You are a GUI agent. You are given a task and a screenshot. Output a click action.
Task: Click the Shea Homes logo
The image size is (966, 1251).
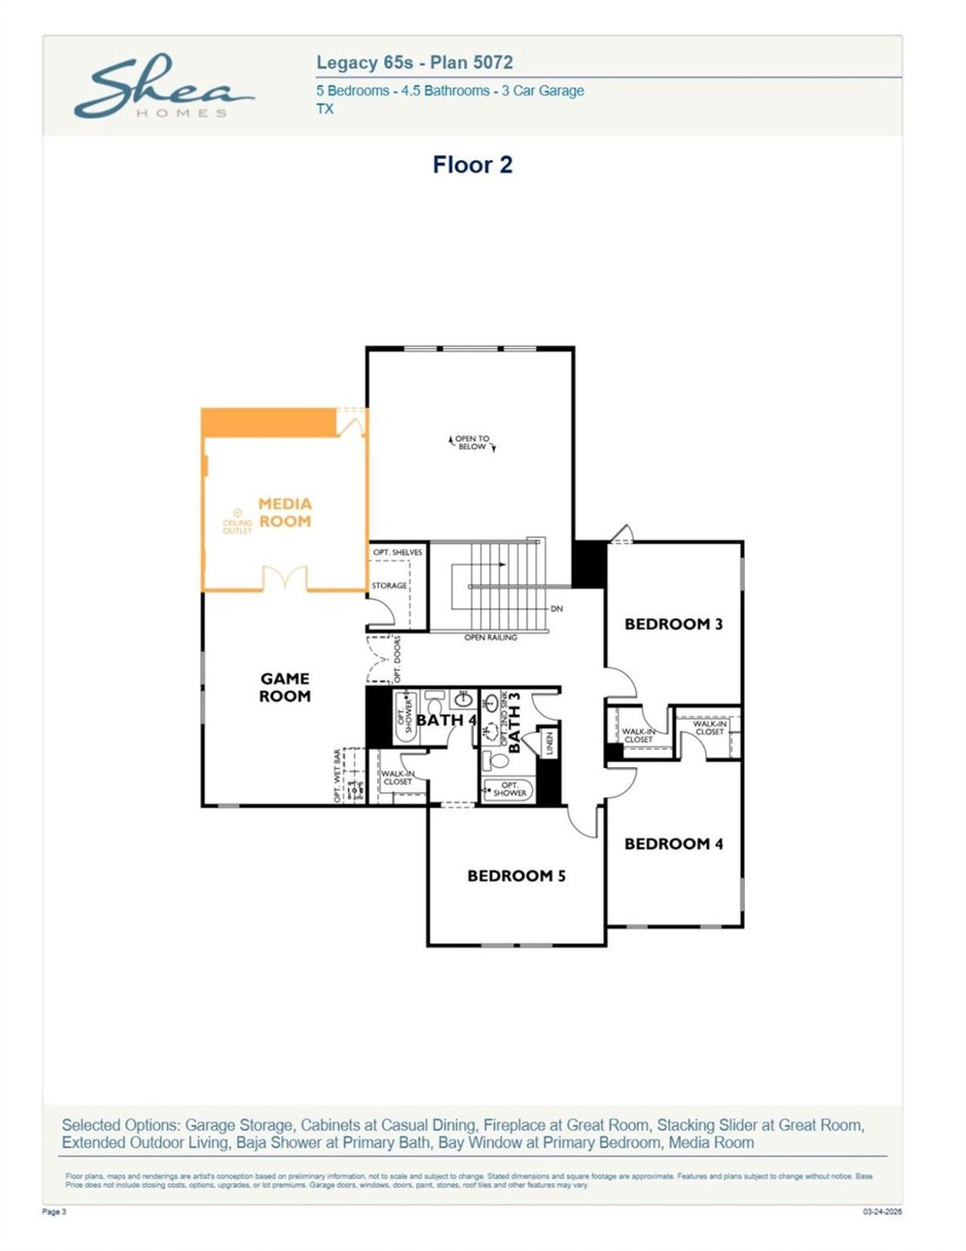[x=162, y=87]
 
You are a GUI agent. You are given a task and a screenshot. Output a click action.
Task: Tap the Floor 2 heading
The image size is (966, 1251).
[x=472, y=164]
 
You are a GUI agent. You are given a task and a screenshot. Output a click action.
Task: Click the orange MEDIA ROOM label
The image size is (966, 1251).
[x=285, y=512]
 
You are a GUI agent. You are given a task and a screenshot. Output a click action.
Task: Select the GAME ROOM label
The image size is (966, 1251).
[x=285, y=687]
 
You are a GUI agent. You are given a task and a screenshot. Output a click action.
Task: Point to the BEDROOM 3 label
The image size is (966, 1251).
[x=673, y=624]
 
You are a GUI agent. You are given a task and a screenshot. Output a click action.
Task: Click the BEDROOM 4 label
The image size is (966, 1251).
[x=673, y=844]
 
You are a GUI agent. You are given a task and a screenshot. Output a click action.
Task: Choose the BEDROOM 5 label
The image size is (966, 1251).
[x=516, y=875]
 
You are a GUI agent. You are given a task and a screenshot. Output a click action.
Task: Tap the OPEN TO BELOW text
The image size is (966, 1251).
[x=472, y=442]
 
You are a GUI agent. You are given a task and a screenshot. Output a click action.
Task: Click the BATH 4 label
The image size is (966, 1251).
[x=446, y=720]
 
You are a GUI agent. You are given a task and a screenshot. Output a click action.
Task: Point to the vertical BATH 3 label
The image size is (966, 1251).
[x=515, y=722]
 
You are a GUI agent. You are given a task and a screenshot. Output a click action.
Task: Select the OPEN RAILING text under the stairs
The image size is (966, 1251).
[x=491, y=638]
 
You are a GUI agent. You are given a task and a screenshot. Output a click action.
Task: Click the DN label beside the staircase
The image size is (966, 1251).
[x=556, y=608]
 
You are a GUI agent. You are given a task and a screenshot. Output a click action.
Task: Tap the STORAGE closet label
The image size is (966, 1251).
[x=389, y=586]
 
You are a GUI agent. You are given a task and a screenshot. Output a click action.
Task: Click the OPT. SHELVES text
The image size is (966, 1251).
[x=398, y=552]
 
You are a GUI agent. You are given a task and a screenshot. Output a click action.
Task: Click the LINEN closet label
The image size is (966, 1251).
[x=549, y=743]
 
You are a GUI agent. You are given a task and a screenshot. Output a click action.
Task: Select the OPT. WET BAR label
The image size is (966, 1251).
[x=337, y=776]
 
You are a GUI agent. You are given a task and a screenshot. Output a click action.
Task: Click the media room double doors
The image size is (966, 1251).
[x=285, y=577]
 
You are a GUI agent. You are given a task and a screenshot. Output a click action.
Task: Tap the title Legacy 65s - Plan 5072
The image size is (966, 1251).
[x=414, y=63]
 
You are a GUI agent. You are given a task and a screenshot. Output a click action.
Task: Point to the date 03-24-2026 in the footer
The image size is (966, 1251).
[x=882, y=1212]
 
